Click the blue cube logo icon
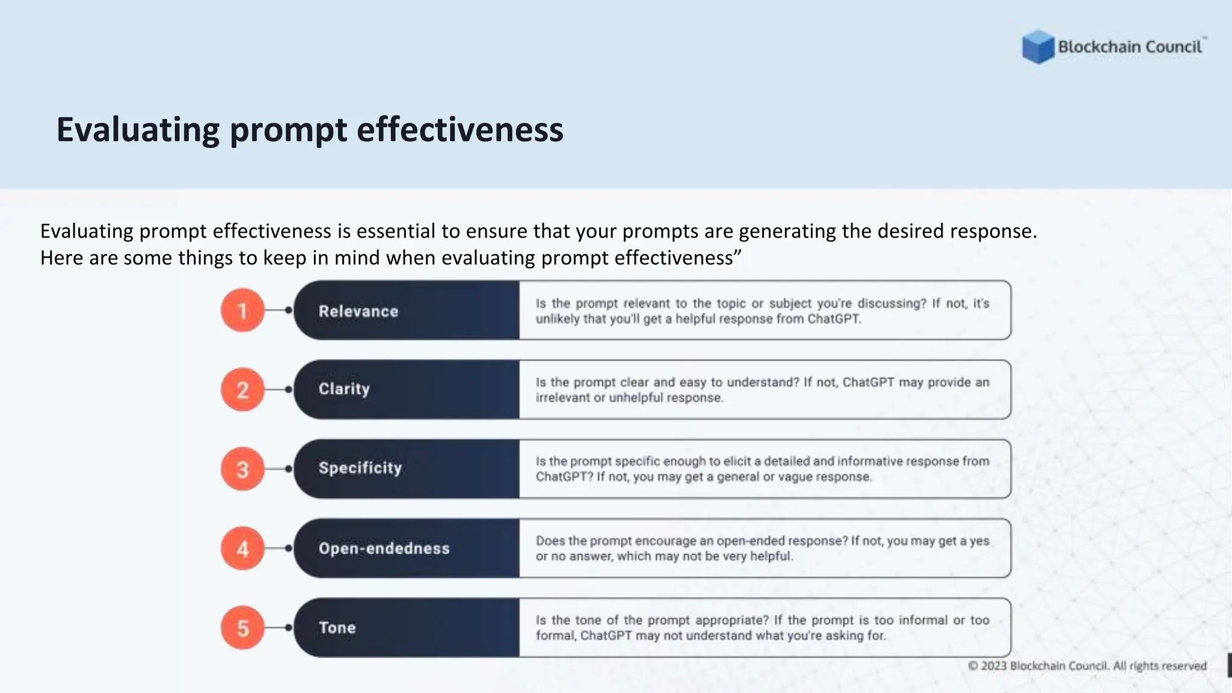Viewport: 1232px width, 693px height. (x=1038, y=47)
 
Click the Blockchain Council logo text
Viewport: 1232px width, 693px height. (x=1130, y=47)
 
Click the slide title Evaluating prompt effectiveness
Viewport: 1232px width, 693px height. (x=310, y=129)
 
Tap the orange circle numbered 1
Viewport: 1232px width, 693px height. (x=242, y=310)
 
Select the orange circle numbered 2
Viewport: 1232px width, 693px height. (x=242, y=390)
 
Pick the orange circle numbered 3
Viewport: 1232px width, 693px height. (x=242, y=469)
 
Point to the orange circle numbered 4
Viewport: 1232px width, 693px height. (x=242, y=548)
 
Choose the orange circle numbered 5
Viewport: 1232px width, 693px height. (x=242, y=627)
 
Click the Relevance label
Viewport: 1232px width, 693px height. (x=359, y=311)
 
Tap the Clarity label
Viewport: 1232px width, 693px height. (x=344, y=389)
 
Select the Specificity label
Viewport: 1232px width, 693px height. (x=360, y=468)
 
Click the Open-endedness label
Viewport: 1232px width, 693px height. (x=384, y=548)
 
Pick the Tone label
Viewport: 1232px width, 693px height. (x=337, y=627)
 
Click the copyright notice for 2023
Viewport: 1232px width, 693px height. (x=1087, y=666)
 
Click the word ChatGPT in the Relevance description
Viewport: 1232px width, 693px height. (x=834, y=319)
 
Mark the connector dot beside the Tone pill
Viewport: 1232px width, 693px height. (x=289, y=627)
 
